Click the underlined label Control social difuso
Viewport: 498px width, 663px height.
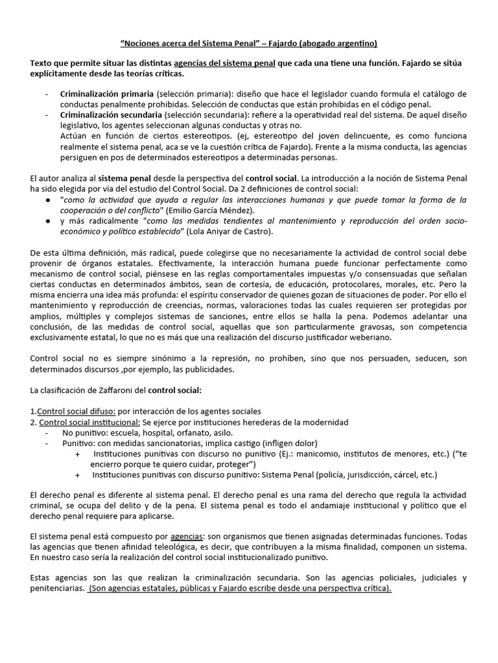(77, 411)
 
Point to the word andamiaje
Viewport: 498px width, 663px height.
(316, 505)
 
